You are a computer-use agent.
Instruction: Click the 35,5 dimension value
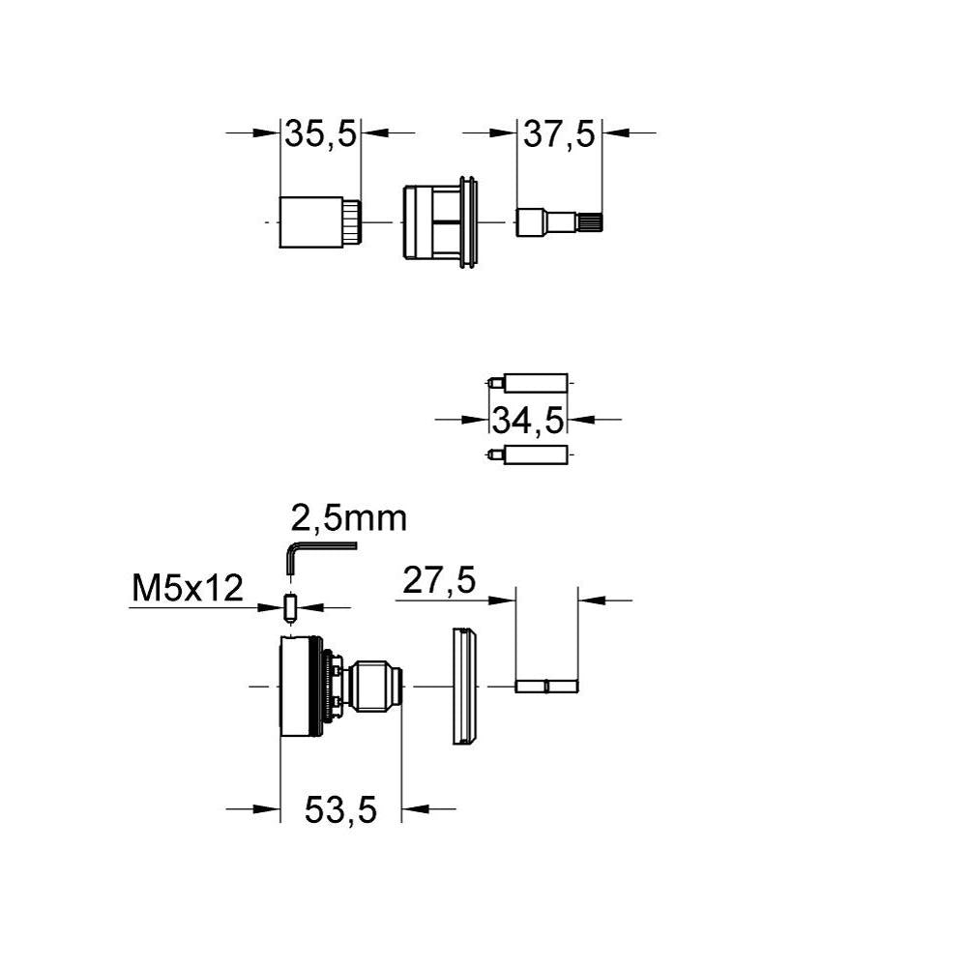click(321, 134)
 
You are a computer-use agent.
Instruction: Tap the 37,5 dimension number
click(559, 134)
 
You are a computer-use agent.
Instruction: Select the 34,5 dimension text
click(528, 421)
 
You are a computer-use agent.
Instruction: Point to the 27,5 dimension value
click(439, 581)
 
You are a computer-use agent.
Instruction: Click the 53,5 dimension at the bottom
click(340, 810)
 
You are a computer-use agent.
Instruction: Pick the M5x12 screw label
click(188, 588)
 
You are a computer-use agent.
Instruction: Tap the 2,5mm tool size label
click(349, 518)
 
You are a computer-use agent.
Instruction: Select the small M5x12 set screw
click(290, 607)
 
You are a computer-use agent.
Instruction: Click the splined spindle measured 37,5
click(559, 221)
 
